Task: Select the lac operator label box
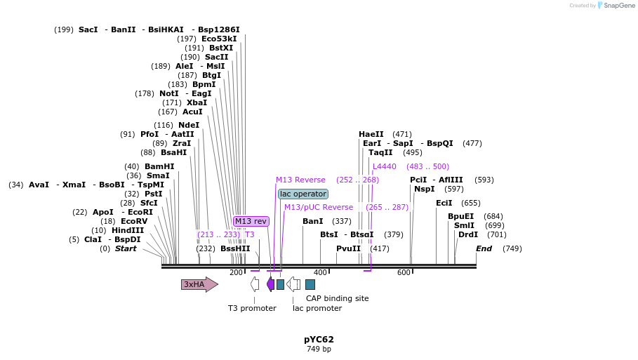click(303, 194)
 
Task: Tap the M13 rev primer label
click(251, 221)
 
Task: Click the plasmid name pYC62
click(319, 340)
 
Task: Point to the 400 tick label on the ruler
click(320, 272)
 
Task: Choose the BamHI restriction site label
click(159, 166)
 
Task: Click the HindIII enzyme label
click(127, 230)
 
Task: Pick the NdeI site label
click(189, 125)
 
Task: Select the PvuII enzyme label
click(348, 248)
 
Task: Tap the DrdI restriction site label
click(468, 234)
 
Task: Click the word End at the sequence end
click(484, 248)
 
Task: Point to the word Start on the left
click(126, 248)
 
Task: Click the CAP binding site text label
click(337, 298)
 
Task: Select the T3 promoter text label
click(252, 308)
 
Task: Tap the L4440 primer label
click(385, 166)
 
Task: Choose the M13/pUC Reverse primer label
click(319, 207)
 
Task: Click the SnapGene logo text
click(614, 6)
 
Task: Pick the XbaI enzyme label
click(197, 102)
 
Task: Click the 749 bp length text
click(319, 349)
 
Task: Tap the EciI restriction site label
click(444, 203)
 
